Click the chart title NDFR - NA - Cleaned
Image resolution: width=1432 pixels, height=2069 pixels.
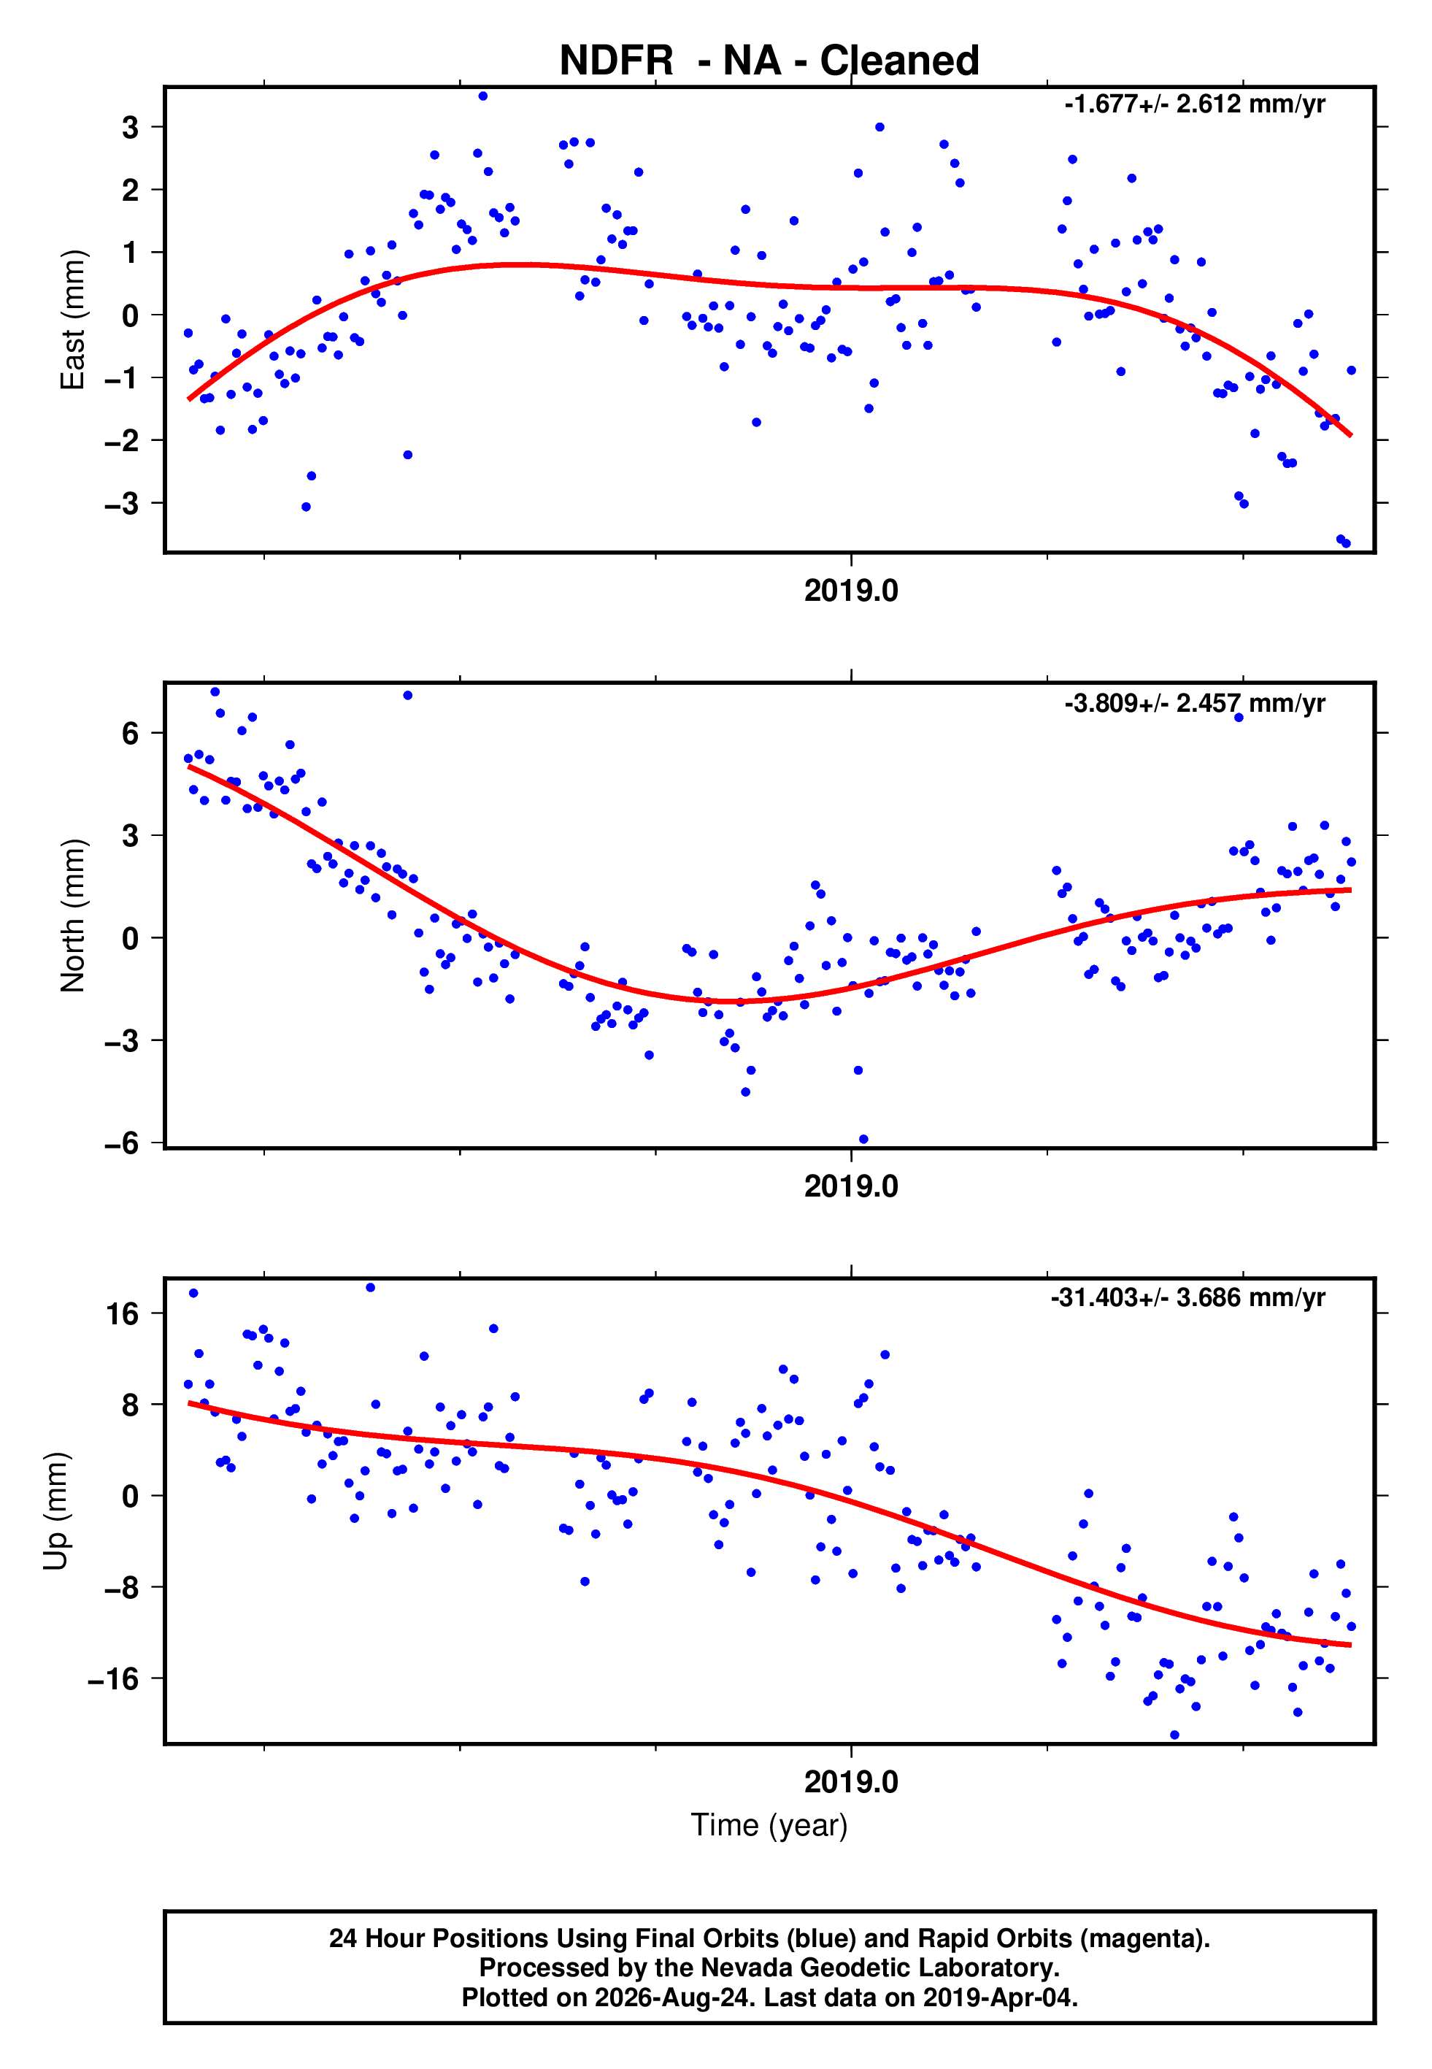769,61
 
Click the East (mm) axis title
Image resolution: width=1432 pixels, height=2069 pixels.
73,320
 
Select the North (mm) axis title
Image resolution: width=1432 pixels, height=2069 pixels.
73,915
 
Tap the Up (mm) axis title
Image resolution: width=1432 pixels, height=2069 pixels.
55,1511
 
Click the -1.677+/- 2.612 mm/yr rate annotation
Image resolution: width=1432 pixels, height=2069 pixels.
1194,104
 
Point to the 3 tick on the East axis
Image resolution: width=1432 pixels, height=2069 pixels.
131,128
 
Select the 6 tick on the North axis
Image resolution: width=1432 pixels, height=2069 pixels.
131,733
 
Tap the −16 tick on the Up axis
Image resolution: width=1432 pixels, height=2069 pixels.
113,1678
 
